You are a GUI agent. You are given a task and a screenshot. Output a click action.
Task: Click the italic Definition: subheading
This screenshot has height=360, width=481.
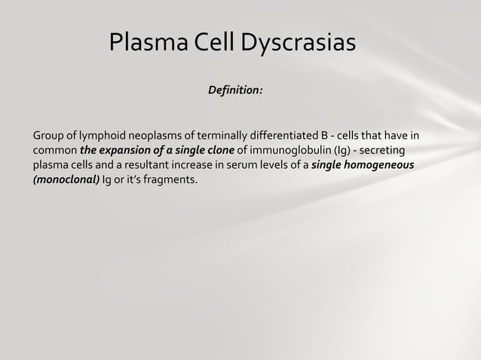coord(235,90)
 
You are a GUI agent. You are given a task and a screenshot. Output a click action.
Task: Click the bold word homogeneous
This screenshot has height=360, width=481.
coord(379,165)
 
